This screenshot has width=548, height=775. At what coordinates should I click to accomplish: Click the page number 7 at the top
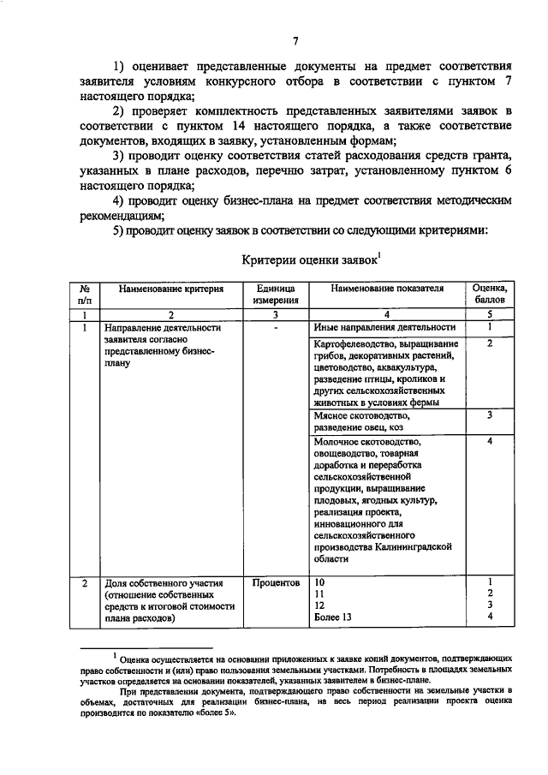(295, 41)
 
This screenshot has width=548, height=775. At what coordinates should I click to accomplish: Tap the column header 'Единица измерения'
(275, 295)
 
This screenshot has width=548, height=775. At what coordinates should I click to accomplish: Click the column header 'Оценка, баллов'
(490, 295)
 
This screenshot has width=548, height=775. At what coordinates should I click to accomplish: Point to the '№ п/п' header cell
(84, 295)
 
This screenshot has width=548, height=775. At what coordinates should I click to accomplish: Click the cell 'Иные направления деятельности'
(383, 327)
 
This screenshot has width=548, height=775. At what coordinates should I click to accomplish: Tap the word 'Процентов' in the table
(276, 583)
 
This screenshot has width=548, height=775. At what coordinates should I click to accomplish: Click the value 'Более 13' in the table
(333, 617)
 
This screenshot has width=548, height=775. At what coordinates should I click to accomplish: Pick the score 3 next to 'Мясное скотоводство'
(490, 415)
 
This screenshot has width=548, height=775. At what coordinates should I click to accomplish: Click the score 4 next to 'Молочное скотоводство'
(490, 442)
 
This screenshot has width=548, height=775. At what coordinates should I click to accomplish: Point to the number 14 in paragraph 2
(240, 127)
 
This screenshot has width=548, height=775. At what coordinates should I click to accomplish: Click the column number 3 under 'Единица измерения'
(275, 314)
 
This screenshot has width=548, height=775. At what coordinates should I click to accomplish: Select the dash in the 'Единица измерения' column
(275, 327)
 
